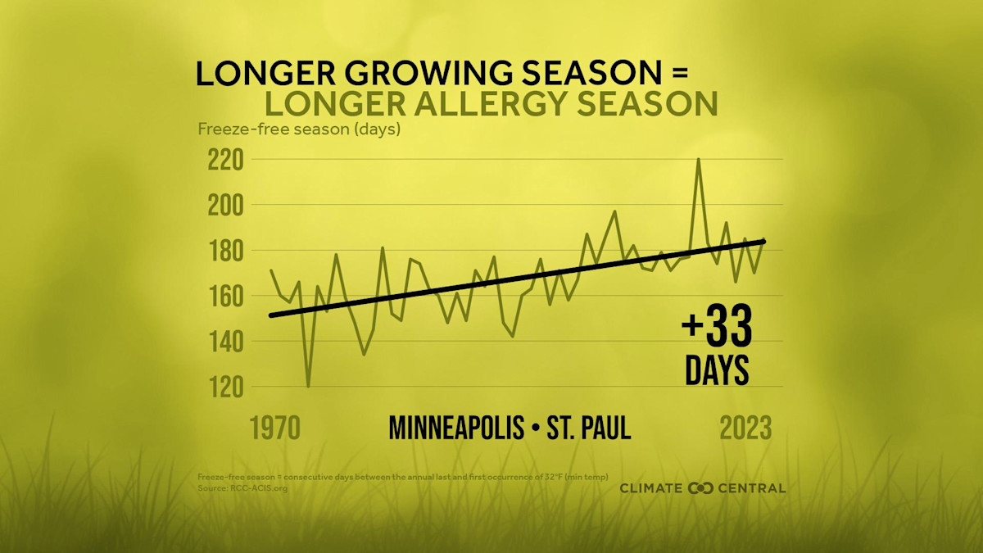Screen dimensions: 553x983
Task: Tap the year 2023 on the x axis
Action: click(x=745, y=428)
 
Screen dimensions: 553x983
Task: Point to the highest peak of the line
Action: click(x=698, y=159)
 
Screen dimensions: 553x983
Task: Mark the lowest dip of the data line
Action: click(x=308, y=386)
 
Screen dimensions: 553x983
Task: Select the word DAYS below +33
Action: click(x=717, y=370)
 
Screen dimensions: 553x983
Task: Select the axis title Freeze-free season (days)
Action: click(x=298, y=129)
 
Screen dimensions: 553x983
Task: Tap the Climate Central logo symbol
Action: click(x=701, y=488)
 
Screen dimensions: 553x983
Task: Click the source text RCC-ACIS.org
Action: click(x=254, y=488)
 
